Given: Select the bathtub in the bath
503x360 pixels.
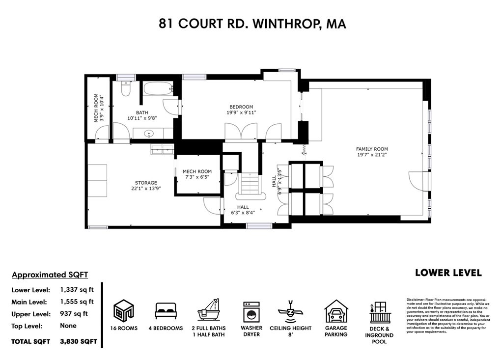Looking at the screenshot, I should (158, 89).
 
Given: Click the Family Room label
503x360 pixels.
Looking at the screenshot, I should (372, 149).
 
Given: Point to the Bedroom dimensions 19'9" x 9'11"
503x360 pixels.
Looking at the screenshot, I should (241, 112).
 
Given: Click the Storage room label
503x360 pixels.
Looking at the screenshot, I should (146, 183).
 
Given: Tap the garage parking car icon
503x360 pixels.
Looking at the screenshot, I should (336, 311).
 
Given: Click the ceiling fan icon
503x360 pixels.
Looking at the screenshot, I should (290, 311).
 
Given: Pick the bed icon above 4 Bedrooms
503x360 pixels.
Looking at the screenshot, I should (166, 311).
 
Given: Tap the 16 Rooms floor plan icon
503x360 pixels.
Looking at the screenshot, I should (124, 310).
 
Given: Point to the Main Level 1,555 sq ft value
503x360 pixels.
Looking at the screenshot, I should (77, 302).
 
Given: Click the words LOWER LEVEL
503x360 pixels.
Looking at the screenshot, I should (448, 273).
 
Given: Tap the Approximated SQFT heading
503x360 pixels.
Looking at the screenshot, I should (50, 275).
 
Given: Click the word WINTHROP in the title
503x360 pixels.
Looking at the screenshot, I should (284, 24).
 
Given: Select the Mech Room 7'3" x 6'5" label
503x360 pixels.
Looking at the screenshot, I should (197, 174).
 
